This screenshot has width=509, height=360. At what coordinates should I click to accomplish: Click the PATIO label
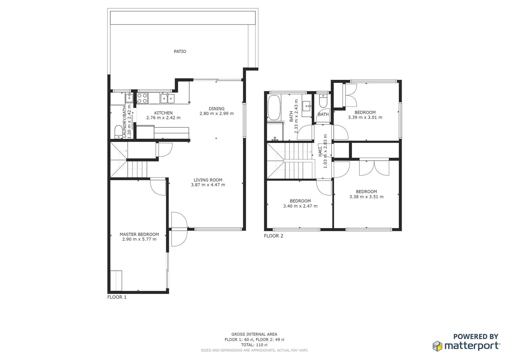pyautogui.click(x=180, y=51)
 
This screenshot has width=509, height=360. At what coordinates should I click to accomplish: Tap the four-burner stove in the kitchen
pyautogui.click(x=142, y=98)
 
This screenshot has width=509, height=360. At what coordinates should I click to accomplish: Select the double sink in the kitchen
pyautogui.click(x=167, y=98)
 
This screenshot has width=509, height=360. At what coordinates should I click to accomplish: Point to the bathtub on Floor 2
pyautogui.click(x=274, y=107)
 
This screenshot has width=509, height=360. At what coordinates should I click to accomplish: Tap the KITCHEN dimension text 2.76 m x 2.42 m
pyautogui.click(x=163, y=118)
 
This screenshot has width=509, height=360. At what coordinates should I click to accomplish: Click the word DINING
pyautogui.click(x=217, y=108)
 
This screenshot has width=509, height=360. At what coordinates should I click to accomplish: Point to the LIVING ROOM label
pyautogui.click(x=208, y=180)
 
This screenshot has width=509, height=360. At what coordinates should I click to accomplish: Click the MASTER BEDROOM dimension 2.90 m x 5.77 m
pyautogui.click(x=139, y=239)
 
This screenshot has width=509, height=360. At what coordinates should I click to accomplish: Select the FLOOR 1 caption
pyautogui.click(x=117, y=297)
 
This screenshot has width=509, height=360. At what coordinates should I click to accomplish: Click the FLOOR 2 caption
pyautogui.click(x=273, y=236)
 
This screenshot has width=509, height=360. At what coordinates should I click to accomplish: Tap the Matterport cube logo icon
pyautogui.click(x=437, y=346)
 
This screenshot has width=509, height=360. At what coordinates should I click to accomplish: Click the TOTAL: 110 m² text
pyautogui.click(x=254, y=345)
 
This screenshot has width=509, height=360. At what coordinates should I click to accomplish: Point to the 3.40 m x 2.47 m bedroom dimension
pyautogui.click(x=300, y=206)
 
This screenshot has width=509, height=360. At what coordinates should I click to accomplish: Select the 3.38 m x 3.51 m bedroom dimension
pyautogui.click(x=366, y=197)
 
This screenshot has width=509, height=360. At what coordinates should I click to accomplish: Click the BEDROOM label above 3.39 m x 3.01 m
pyautogui.click(x=365, y=112)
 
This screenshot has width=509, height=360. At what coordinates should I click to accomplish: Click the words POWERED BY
pyautogui.click(x=476, y=337)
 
